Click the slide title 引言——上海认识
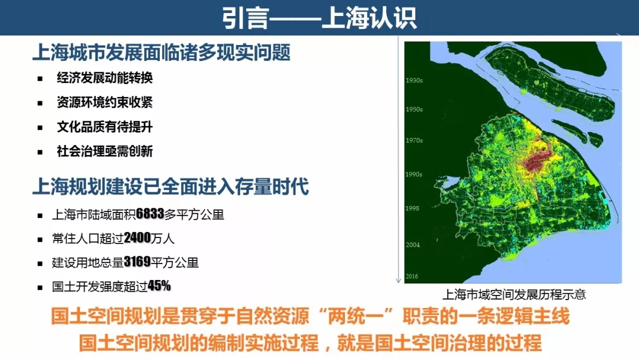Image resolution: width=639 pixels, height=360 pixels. (x=319, y=18)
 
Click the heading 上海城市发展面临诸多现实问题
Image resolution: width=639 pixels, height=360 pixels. (x=162, y=53)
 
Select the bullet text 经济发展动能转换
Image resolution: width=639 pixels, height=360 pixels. (x=105, y=78)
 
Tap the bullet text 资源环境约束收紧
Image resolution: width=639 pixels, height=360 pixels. (x=105, y=102)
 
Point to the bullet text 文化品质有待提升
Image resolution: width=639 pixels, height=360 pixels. (x=105, y=127)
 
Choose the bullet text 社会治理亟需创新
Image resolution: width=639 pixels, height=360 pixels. (x=105, y=151)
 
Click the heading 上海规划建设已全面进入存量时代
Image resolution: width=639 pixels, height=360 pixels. (x=170, y=187)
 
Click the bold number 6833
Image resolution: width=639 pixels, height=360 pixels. (x=150, y=214)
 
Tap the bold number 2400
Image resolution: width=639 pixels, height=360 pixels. (x=137, y=237)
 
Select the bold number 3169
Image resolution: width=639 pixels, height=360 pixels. (x=137, y=262)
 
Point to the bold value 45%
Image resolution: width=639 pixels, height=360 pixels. (x=159, y=286)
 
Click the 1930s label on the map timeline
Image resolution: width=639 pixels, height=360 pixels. (x=414, y=81)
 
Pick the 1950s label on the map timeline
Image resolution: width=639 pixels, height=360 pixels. (x=414, y=110)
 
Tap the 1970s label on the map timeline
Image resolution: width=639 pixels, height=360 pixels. (x=414, y=140)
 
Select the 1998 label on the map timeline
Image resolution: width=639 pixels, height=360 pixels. (x=412, y=208)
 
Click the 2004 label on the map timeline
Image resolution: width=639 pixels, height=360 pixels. (x=412, y=245)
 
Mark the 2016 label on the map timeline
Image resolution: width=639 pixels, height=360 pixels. (x=412, y=276)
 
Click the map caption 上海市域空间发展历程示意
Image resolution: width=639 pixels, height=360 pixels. (x=514, y=294)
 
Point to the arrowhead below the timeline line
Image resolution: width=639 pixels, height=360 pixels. (x=399, y=281)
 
